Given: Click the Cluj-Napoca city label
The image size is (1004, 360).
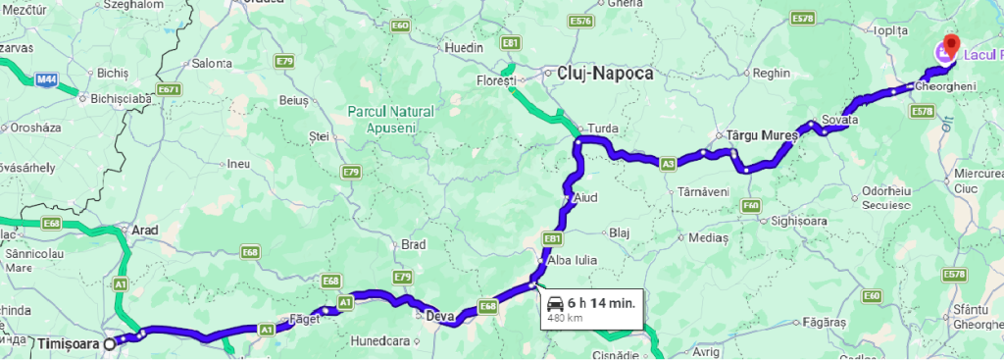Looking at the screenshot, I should pyautogui.click(x=605, y=74).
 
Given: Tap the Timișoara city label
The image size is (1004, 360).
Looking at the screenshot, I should pyautogui.click(x=69, y=344).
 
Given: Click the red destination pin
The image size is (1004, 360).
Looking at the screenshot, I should pyautogui.click(x=948, y=45).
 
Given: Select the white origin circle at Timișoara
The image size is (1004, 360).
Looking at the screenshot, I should pyautogui.click(x=110, y=343).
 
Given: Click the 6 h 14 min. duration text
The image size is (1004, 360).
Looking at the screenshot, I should pyautogui.click(x=601, y=303).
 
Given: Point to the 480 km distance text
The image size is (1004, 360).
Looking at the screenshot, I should pyautogui.click(x=566, y=318).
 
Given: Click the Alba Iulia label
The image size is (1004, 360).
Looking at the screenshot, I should pyautogui.click(x=572, y=260).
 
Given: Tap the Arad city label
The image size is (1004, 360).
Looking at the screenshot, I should pyautogui.click(x=145, y=230).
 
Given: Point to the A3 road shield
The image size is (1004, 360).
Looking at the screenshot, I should pyautogui.click(x=668, y=164).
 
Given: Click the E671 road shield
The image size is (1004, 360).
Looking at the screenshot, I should pyautogui.click(x=169, y=90).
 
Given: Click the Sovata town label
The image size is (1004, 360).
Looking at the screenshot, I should pyautogui.click(x=840, y=120).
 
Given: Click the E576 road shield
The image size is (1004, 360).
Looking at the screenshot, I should pyautogui.click(x=580, y=21).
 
